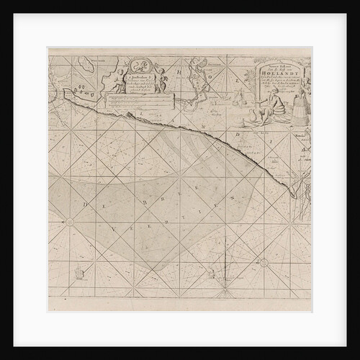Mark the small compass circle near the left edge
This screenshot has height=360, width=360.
coord(70,222)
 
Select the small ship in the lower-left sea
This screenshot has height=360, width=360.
coord(80,273)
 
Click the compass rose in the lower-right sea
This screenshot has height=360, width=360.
coord(264,262)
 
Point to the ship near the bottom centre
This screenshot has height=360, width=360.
coord(211,273)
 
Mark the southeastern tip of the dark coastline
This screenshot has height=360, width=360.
coord(294,196)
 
